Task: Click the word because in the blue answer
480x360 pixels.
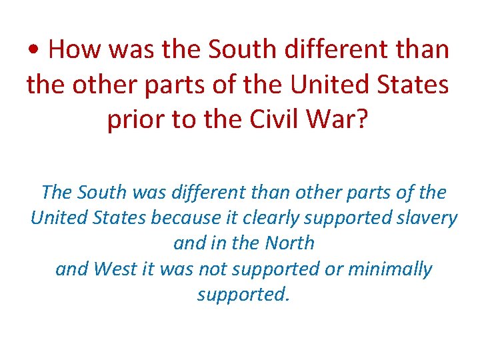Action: tap(185, 217)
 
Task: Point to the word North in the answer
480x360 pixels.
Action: tap(289, 243)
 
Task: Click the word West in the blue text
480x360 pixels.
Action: tap(115, 269)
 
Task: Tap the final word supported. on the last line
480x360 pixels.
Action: tap(244, 294)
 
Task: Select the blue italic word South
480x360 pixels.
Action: tap(101, 192)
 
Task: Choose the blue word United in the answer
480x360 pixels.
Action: tap(57, 217)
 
